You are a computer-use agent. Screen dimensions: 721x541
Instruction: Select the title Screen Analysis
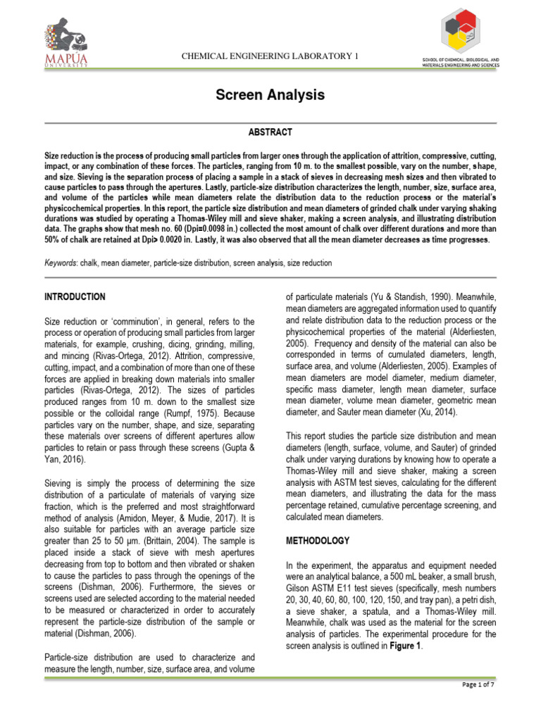pos(270,94)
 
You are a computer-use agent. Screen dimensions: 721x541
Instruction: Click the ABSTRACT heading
pos(270,132)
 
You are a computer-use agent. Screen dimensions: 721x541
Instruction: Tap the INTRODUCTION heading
pos(75,297)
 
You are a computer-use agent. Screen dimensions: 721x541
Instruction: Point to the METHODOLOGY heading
pos(318,541)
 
